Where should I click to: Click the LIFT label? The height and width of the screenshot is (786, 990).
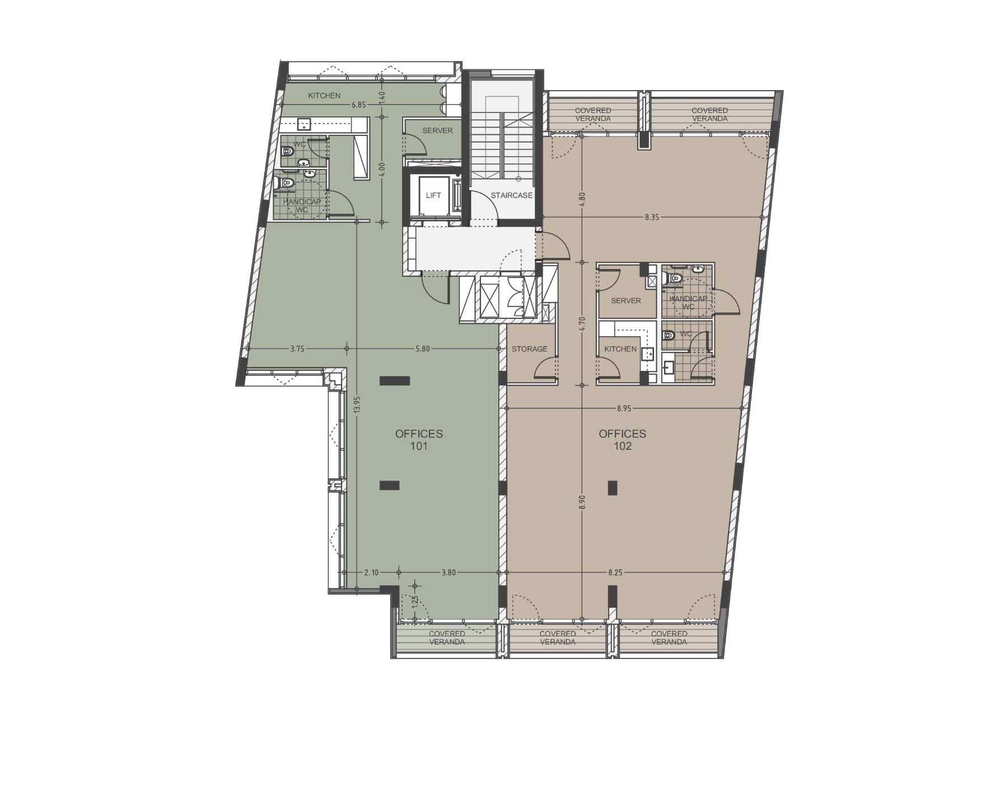point(433,195)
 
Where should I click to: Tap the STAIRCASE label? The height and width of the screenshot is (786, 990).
point(512,195)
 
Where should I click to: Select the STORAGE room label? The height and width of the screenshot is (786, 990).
point(530,349)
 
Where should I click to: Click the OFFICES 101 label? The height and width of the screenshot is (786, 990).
point(419,440)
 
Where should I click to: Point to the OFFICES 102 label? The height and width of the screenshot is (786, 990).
point(623,440)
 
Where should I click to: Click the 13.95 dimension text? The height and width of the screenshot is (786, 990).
point(357,404)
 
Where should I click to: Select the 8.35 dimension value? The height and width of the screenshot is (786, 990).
point(652,217)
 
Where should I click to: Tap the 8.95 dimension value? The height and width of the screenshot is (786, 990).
point(624,408)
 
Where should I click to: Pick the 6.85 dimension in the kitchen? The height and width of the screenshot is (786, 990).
point(358,105)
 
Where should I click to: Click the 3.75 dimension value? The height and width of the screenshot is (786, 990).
point(297,349)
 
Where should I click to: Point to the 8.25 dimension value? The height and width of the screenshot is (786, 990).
point(615,572)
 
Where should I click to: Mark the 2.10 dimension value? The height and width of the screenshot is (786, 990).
point(371,572)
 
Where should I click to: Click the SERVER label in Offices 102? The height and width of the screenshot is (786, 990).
point(626,301)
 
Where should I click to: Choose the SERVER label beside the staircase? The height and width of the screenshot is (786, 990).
point(437,130)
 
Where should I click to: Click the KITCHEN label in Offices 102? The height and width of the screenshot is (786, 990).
point(620,349)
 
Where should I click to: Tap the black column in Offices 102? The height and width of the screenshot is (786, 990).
point(613,488)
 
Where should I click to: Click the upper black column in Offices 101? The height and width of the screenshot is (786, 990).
point(395,381)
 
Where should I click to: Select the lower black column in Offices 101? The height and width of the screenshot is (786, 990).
point(390,486)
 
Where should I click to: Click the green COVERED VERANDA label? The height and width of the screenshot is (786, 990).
point(447,638)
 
